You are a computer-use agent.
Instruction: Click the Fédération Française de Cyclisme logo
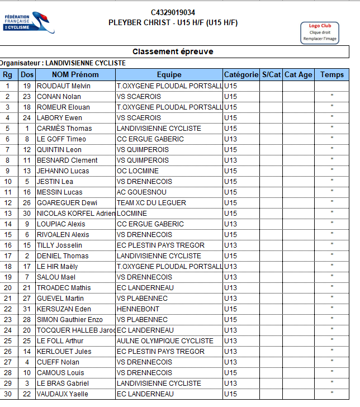point(29,22)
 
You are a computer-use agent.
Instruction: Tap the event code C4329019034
point(173,12)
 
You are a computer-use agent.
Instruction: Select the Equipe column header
point(169,74)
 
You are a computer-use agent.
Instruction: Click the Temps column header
point(332,74)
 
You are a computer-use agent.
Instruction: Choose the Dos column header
point(27,74)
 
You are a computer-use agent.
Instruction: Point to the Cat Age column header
point(298,74)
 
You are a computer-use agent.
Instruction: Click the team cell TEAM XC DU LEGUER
point(148,203)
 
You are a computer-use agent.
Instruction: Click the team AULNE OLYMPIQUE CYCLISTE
point(165,341)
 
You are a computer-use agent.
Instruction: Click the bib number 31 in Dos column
point(27,309)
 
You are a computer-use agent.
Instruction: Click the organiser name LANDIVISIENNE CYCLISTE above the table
point(85,63)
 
